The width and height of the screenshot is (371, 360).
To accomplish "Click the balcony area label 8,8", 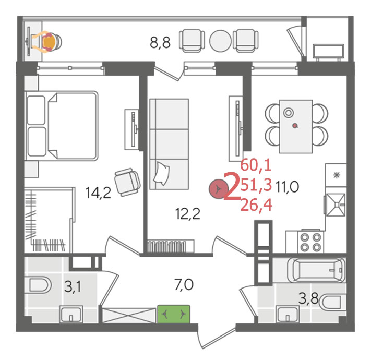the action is [x=160, y=43].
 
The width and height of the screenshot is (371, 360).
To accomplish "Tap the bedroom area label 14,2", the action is [x=98, y=193].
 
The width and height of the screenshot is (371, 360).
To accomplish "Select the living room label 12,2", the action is [x=188, y=213].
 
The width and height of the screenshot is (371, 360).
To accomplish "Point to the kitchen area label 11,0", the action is [x=287, y=187].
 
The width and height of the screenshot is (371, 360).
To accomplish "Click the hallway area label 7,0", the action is [x=184, y=284].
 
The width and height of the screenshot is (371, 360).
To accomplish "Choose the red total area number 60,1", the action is [x=256, y=165].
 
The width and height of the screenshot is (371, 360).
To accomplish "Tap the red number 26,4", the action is [x=256, y=205].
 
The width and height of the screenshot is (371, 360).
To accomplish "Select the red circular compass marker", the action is [x=218, y=189].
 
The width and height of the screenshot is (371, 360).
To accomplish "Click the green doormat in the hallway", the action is [x=174, y=314].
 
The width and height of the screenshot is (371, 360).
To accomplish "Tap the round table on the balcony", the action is [x=220, y=41].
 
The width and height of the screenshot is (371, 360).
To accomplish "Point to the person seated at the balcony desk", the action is [x=47, y=42].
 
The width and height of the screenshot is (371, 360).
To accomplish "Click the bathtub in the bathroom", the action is [x=316, y=270].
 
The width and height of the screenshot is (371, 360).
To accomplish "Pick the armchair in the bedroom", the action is [x=127, y=182].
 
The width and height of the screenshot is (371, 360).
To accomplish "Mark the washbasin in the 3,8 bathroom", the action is [x=288, y=314].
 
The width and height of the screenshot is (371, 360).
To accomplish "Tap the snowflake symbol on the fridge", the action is [x=336, y=175].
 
